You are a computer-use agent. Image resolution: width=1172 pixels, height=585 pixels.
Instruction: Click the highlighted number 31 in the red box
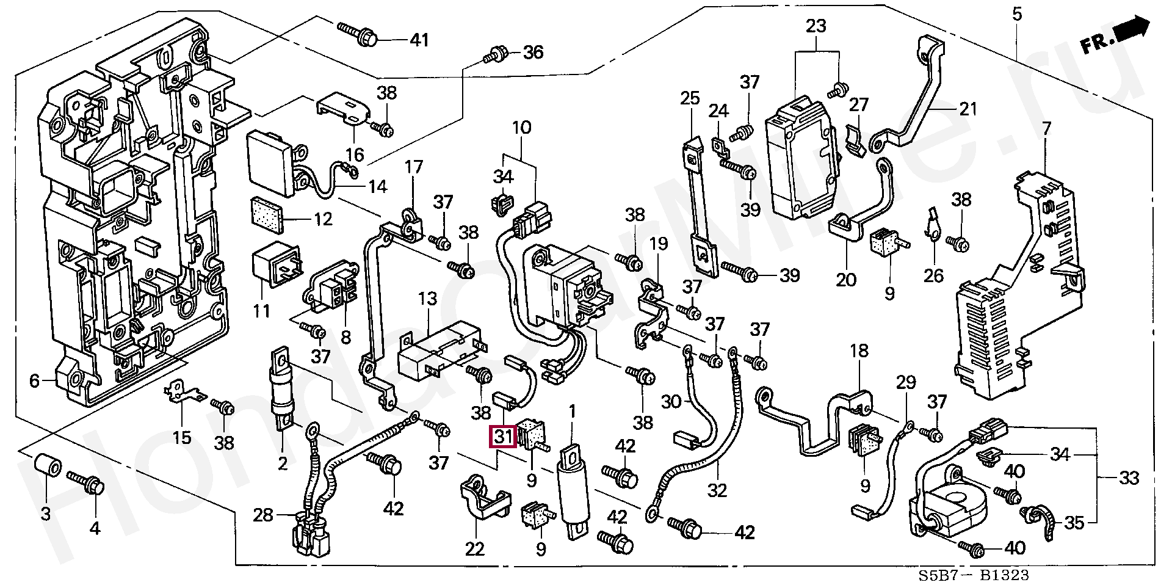pyautogui.click(x=503, y=437)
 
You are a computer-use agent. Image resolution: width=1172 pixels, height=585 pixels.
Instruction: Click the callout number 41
pyautogui.click(x=419, y=40)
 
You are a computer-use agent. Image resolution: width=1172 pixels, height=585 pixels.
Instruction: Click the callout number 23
pyautogui.click(x=816, y=26)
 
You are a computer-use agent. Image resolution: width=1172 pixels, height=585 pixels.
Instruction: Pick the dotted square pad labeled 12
pyautogui.click(x=267, y=215)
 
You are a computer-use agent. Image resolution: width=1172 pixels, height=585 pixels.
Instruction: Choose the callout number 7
pyautogui.click(x=1046, y=129)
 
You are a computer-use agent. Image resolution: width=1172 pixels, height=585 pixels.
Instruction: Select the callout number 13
pyautogui.click(x=427, y=299)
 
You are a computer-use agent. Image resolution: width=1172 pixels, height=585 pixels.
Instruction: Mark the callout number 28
pyautogui.click(x=263, y=515)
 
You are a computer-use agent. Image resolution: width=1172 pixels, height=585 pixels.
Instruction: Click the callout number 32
pyautogui.click(x=717, y=490)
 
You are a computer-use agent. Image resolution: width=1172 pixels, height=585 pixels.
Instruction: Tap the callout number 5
pyautogui.click(x=1016, y=13)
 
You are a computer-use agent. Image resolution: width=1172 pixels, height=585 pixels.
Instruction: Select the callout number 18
pyautogui.click(x=859, y=351)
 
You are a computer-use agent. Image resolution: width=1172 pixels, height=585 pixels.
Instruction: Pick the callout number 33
pyautogui.click(x=1129, y=478)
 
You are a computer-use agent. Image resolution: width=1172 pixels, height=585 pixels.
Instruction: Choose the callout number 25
pyautogui.click(x=690, y=98)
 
